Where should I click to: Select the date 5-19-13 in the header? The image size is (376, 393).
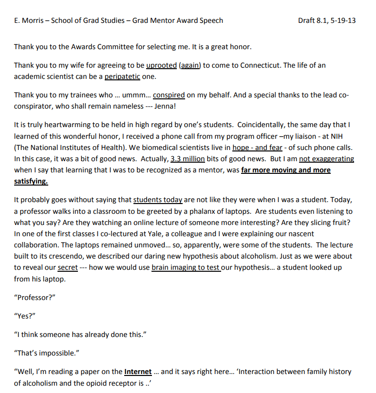343,20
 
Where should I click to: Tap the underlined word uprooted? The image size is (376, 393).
161,65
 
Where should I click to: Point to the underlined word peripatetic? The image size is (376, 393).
122,76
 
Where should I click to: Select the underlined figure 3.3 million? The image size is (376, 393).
188,159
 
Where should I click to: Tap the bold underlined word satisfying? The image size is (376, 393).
31,181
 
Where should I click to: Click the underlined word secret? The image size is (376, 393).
67,267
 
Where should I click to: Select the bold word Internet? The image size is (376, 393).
138,372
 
